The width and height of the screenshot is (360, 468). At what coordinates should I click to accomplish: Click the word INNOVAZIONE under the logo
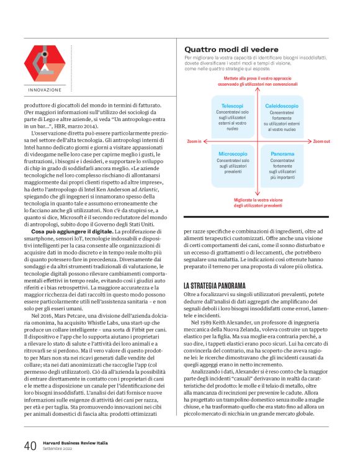[x=45, y=91]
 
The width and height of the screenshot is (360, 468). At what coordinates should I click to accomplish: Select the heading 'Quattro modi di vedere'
[x=228, y=49]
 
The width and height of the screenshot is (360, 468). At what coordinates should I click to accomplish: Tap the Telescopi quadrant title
[x=232, y=106]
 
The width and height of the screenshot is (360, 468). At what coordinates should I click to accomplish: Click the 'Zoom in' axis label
[x=194, y=142]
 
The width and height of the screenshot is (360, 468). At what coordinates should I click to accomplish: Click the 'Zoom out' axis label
[x=322, y=142]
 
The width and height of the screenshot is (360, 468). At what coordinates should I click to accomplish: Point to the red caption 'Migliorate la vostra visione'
[x=258, y=200]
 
